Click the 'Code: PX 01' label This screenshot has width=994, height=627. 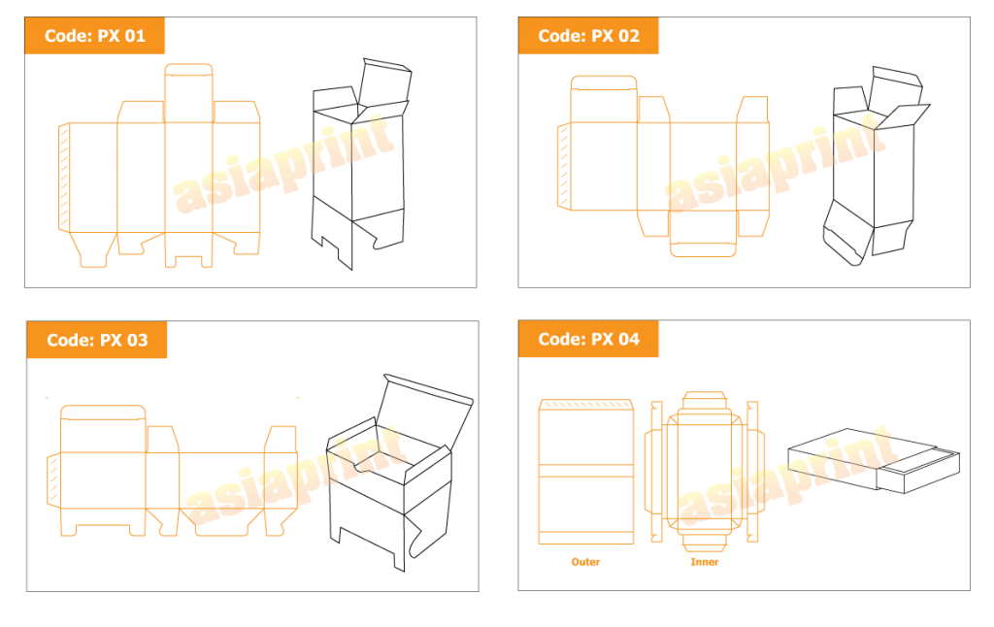point(95,36)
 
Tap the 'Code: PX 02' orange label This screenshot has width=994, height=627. point(588,36)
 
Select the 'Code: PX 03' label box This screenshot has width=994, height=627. point(97,341)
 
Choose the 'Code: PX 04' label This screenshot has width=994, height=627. point(588,340)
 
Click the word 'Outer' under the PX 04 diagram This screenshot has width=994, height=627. point(585,562)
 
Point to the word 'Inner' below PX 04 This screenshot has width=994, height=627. point(704,562)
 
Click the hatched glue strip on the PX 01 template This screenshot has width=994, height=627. point(64,177)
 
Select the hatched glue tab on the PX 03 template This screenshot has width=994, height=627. point(53,479)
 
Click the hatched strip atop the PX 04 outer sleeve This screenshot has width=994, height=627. point(585,404)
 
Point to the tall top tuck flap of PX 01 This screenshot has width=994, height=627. point(188,93)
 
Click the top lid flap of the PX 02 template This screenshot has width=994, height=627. point(604,98)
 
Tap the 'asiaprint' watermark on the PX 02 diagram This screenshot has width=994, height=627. point(775,165)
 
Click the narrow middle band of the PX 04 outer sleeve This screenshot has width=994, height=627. point(585,471)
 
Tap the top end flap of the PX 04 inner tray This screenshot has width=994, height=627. point(704,401)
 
